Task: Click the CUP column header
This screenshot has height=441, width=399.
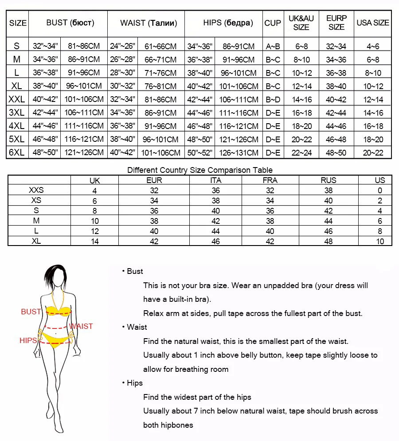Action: click(x=273, y=23)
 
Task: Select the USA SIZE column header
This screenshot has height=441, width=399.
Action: click(x=373, y=23)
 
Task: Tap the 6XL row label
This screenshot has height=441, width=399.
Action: click(x=17, y=152)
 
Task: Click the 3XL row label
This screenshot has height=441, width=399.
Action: click(x=17, y=113)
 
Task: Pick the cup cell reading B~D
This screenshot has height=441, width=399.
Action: click(x=273, y=99)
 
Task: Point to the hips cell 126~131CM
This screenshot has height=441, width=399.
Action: click(x=240, y=152)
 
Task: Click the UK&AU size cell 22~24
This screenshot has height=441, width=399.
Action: click(x=301, y=152)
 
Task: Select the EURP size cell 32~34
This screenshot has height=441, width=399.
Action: click(x=336, y=46)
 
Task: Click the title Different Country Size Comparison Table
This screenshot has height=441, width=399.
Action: click(x=200, y=170)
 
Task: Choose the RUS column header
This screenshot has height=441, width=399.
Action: click(x=329, y=180)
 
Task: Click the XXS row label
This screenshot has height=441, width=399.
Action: click(x=36, y=190)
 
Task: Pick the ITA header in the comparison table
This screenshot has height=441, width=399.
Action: click(x=216, y=180)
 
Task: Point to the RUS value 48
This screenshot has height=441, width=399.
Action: click(x=329, y=242)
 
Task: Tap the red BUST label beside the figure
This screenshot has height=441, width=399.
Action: click(x=31, y=312)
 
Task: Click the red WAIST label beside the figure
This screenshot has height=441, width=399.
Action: click(x=81, y=326)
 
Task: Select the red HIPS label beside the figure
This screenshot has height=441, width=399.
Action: click(x=28, y=340)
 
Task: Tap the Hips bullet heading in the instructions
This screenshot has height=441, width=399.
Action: click(x=134, y=383)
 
